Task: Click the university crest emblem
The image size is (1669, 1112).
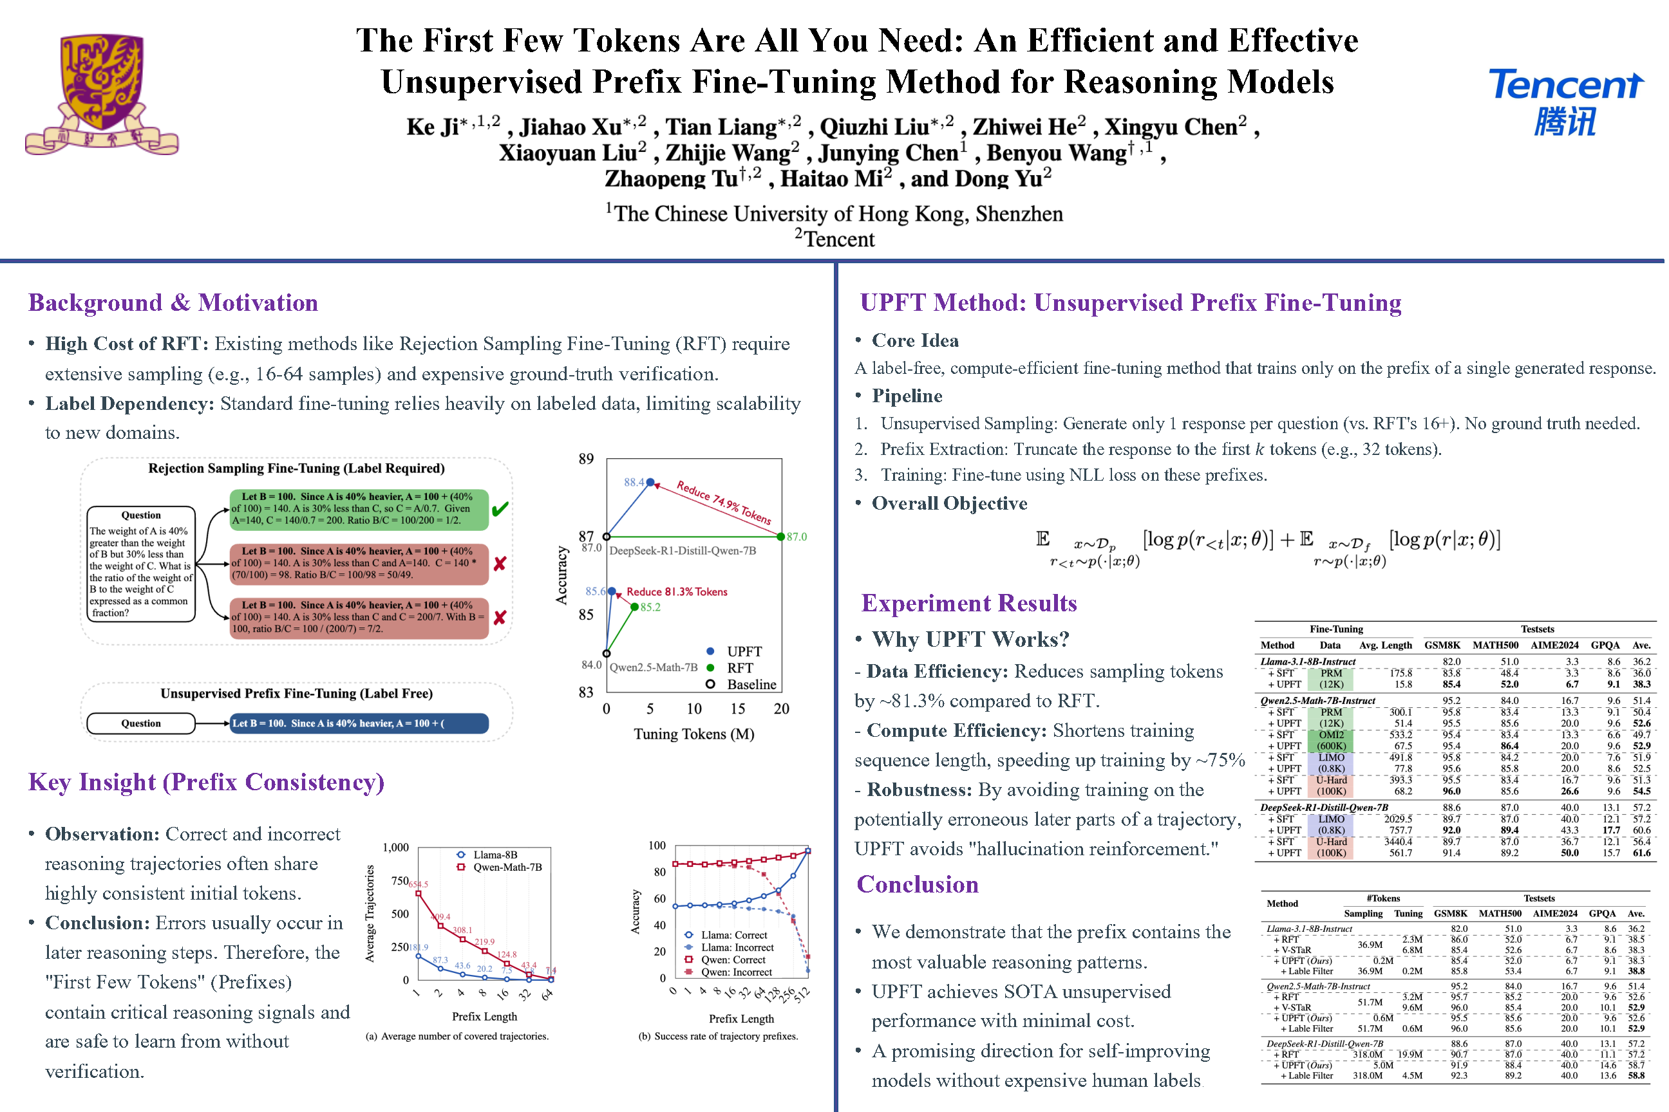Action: click(102, 92)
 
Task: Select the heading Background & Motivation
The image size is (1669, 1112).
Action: click(173, 303)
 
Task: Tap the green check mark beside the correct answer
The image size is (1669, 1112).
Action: click(500, 509)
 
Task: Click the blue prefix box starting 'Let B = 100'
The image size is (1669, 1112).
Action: click(359, 723)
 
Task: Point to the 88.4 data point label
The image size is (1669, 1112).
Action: click(634, 482)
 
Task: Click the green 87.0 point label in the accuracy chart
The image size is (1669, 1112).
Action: click(796, 537)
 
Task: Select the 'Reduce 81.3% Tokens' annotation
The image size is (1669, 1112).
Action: click(676, 591)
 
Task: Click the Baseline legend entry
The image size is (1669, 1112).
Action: click(751, 684)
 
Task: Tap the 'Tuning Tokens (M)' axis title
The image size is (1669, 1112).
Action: click(693, 734)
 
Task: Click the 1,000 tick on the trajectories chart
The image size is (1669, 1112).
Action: click(395, 848)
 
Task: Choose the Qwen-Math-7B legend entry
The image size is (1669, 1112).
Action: click(507, 867)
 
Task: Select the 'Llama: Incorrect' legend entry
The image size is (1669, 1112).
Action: click(737, 947)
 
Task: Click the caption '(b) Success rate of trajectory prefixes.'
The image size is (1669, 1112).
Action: click(718, 1036)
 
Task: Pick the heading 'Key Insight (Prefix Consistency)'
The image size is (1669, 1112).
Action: click(206, 783)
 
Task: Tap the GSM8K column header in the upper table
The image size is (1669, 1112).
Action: click(1442, 645)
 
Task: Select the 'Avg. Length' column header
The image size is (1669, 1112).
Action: click(1385, 645)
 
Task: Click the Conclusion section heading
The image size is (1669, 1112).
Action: click(918, 884)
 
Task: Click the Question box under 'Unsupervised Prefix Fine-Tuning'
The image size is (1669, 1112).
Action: click(140, 723)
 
